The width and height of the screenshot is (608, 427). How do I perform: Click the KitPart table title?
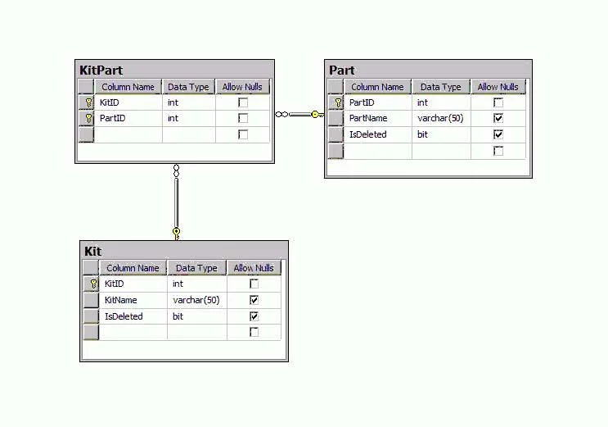click(x=101, y=70)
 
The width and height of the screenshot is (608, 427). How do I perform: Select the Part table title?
click(x=341, y=70)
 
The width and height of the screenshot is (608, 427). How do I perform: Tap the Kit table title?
click(x=93, y=252)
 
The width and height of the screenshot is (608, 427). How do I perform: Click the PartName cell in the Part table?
click(x=368, y=118)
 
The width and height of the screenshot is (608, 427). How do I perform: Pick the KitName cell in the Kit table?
click(x=120, y=300)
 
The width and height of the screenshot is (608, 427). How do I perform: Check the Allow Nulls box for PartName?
click(x=498, y=118)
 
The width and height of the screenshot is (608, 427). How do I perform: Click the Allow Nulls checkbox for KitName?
click(x=254, y=300)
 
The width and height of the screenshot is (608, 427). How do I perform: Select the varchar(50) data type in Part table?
click(x=440, y=118)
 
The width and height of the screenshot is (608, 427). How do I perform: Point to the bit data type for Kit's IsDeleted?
click(x=178, y=316)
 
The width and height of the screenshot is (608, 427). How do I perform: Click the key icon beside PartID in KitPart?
click(x=89, y=118)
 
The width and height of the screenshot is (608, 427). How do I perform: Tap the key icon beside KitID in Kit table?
click(x=93, y=284)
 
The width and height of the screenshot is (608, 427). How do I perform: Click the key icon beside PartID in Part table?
click(x=338, y=102)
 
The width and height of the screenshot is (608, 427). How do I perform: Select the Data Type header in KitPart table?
click(x=188, y=87)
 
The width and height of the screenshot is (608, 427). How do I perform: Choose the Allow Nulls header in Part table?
click(x=498, y=87)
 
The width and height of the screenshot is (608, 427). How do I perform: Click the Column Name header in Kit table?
click(x=133, y=268)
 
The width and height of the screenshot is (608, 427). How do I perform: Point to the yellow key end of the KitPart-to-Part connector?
click(x=318, y=114)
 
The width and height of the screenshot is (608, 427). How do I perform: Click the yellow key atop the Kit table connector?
click(x=177, y=234)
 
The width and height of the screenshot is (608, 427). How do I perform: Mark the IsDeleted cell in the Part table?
click(x=368, y=134)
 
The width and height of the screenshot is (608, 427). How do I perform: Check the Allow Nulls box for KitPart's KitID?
click(x=243, y=102)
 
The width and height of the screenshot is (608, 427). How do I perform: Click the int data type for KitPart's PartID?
click(x=173, y=118)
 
